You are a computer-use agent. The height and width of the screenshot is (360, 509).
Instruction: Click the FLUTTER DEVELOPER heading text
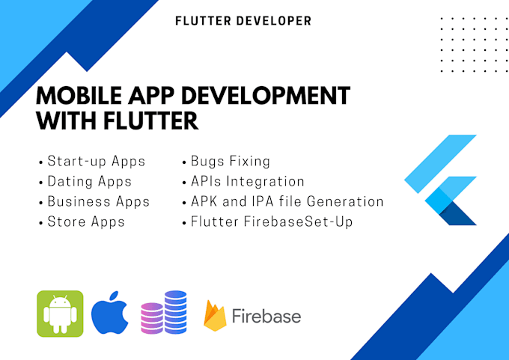243,21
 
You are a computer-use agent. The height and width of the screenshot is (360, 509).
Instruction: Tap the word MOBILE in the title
80,97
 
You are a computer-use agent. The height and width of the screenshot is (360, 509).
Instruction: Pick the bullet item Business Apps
98,201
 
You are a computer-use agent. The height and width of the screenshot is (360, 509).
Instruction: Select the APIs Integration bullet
247,181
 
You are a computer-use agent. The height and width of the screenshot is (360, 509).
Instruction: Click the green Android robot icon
60,314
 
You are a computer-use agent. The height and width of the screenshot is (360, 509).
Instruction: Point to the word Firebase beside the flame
266,316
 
